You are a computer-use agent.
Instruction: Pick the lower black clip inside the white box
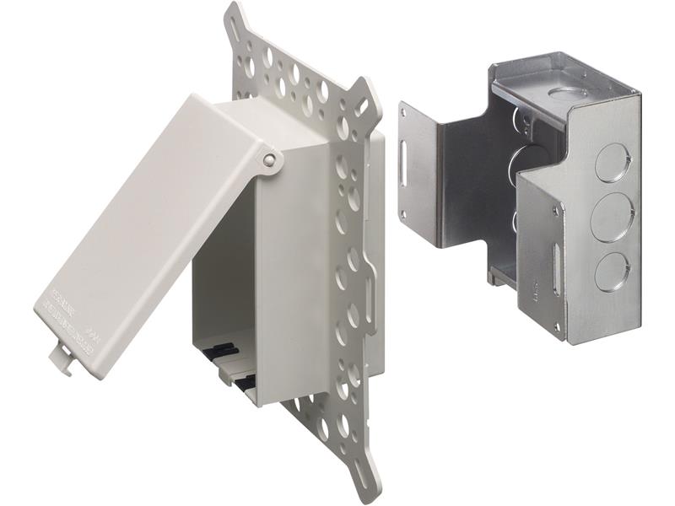(x=246, y=385)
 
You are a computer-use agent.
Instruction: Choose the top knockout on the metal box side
(x=611, y=161)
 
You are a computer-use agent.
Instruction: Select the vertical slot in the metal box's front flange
(x=555, y=267)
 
